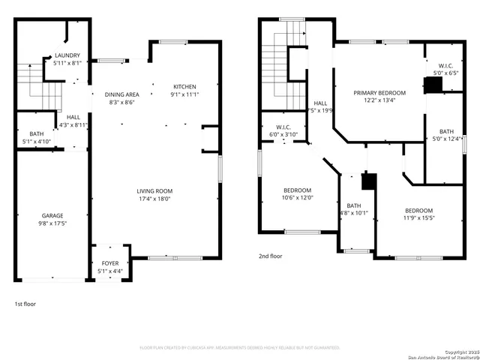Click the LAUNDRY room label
pos(69,56)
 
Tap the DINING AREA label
pos(121,94)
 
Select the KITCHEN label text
pos(184,86)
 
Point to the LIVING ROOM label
pos(154,191)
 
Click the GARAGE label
pos(52,214)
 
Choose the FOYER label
pos(110,263)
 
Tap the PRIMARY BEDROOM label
pos(379,93)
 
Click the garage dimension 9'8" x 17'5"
pos(52,222)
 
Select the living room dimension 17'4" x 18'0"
pos(154,199)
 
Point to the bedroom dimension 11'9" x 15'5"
pos(418,218)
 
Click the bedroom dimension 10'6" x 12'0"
pos(297,198)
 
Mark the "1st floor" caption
pos(25,304)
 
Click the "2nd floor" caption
pos(271,255)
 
